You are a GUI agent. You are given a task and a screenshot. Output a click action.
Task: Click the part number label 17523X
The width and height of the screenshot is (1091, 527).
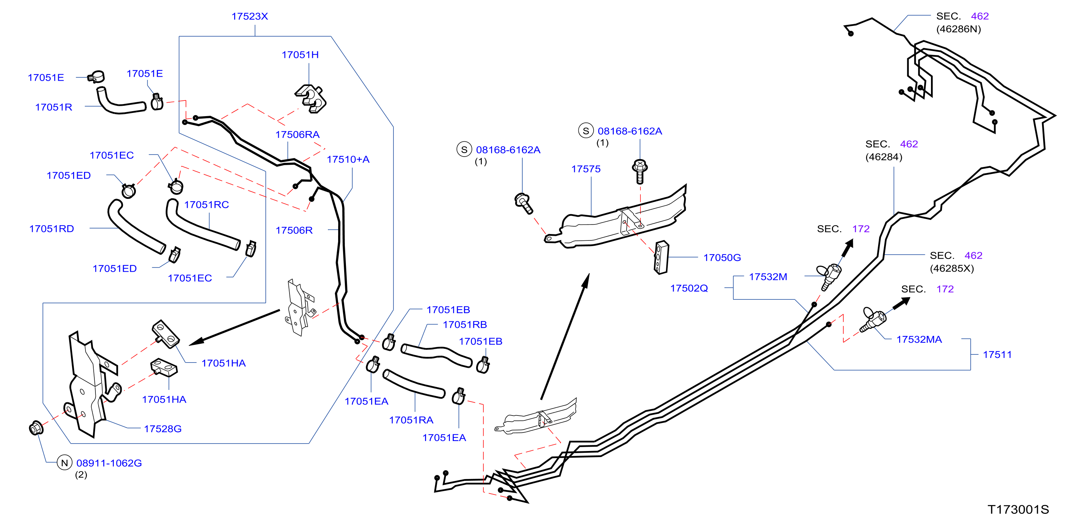[x=249, y=16]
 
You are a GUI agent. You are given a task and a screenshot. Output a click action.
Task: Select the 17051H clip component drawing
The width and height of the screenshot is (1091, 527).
[x=310, y=98]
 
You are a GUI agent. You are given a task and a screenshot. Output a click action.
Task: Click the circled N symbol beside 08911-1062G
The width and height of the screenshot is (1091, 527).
[x=64, y=463]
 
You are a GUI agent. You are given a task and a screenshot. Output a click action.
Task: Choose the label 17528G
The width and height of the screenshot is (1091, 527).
[x=162, y=429]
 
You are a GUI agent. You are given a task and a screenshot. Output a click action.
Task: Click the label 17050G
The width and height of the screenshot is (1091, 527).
[x=722, y=257]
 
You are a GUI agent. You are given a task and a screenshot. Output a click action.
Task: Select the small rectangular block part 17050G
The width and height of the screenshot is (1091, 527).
[x=661, y=257]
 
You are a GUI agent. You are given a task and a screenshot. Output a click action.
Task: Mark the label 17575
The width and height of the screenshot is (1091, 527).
[x=586, y=169]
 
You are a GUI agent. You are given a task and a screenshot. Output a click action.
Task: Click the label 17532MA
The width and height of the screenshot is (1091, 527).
[x=919, y=339]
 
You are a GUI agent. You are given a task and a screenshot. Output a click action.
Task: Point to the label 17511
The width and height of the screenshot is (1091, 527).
[x=997, y=354]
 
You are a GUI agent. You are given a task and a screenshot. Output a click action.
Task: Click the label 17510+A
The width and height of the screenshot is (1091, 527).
[x=348, y=159]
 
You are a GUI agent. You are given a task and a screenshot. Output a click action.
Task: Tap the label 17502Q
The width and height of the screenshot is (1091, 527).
[x=689, y=288]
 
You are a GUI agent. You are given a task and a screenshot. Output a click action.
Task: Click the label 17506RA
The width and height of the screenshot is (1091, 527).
[x=297, y=134]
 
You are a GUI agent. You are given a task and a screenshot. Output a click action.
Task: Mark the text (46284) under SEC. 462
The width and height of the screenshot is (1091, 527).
[x=884, y=157]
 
